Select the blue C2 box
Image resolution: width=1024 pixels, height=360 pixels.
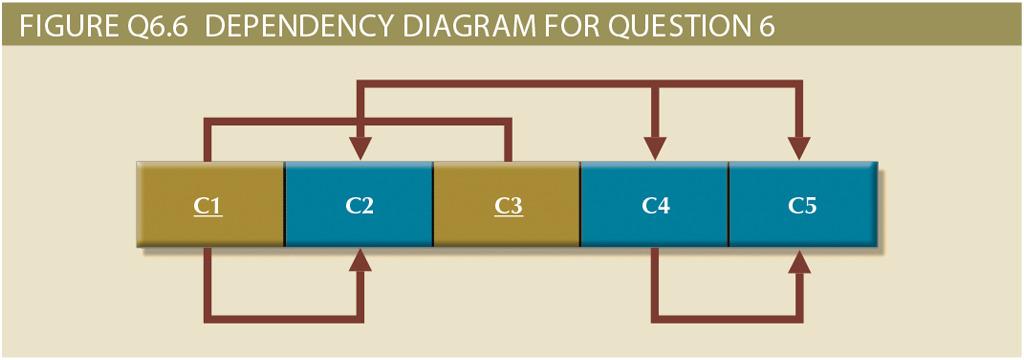[x=359, y=204]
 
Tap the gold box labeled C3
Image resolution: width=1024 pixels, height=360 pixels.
[x=507, y=204]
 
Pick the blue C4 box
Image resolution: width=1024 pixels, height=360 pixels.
[x=655, y=204]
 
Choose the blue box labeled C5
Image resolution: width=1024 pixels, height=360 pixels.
[x=802, y=204]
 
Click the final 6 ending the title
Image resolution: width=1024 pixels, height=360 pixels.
[x=768, y=23]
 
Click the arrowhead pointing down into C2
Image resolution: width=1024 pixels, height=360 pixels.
[x=359, y=147]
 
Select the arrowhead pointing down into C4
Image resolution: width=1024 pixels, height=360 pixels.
[x=655, y=147]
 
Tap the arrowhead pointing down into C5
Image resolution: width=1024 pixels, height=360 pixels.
[x=799, y=147]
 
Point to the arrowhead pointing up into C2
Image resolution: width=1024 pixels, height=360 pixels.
[x=359, y=261]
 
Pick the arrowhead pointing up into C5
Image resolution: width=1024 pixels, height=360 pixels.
[x=799, y=261]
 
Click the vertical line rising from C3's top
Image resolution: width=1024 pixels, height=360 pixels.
[x=507, y=141]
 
